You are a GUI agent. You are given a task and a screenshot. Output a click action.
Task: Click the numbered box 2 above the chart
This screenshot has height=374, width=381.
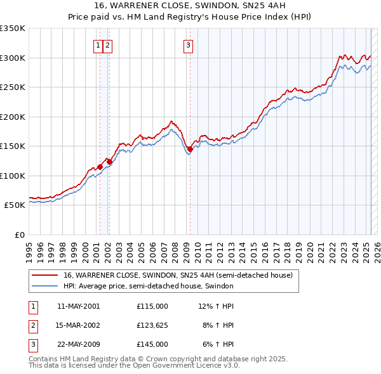click(108, 45)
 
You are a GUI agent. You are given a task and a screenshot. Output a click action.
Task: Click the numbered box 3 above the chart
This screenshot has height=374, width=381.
click(189, 45)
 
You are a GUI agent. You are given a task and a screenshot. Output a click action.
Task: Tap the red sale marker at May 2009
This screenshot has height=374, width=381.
click(190, 149)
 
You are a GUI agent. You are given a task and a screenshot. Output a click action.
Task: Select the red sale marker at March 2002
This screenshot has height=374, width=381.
click(109, 162)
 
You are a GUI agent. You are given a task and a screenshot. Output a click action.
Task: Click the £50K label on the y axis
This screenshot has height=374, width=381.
click(15, 205)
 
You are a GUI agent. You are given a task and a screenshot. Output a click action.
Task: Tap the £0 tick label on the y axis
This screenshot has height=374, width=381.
click(20, 235)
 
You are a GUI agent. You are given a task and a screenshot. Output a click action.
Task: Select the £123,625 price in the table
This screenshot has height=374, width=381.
click(152, 325)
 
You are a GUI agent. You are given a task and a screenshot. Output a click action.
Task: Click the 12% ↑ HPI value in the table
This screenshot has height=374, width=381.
click(217, 306)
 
